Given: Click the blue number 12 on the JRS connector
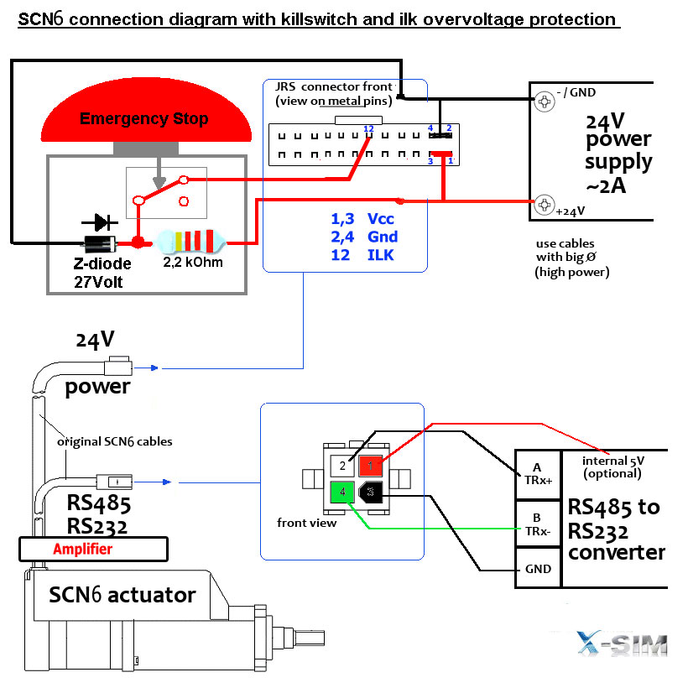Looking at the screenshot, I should click(367, 128).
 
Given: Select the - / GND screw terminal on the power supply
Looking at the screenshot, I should click(545, 102).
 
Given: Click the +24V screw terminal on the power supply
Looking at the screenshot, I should click(545, 204).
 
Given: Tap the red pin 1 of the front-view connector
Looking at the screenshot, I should click(369, 466).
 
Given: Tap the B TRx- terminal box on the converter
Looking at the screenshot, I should click(537, 525).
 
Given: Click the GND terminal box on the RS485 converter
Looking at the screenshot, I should click(537, 569).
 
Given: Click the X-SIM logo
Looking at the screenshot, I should click(622, 644).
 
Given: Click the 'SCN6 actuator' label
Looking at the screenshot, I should click(122, 595).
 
